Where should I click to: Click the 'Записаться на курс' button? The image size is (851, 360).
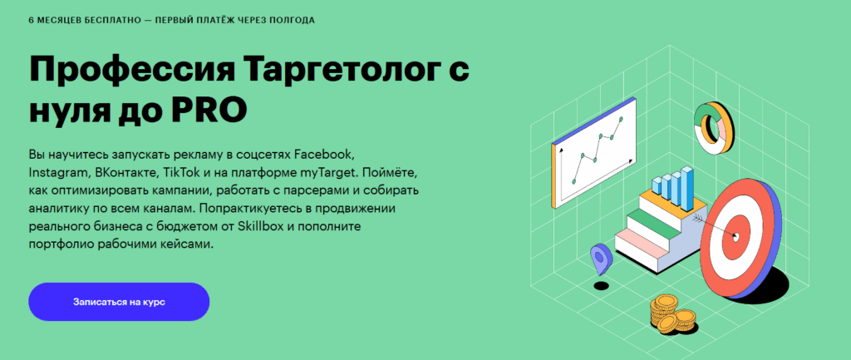tap(119, 302)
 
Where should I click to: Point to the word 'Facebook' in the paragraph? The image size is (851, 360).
tap(324, 154)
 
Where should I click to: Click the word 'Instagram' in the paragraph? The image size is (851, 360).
tap(58, 173)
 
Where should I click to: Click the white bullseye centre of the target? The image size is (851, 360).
tap(735, 236)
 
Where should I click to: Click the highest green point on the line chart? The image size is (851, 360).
tap(621, 118)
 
